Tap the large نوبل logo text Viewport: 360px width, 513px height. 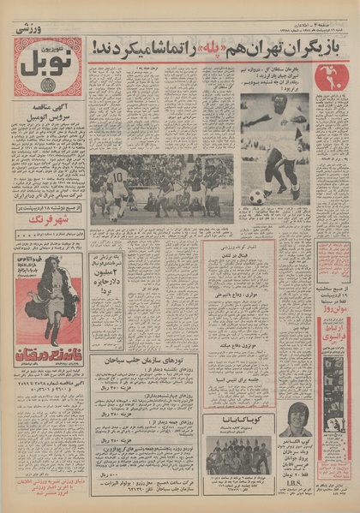47,66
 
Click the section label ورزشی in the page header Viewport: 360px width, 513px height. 32,28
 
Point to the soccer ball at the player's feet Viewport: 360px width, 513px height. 255,197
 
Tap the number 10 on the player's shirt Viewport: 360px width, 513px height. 118,175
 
